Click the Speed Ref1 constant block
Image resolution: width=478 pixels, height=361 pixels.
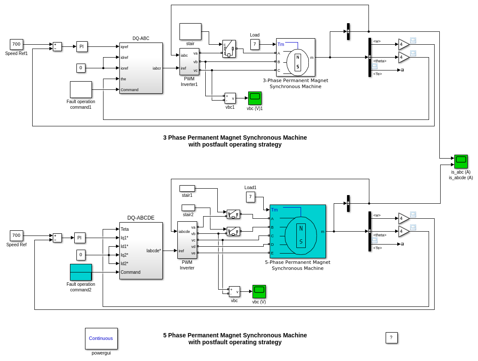pyautogui.click(x=16, y=44)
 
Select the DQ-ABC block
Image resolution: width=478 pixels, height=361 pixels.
pyautogui.click(x=141, y=68)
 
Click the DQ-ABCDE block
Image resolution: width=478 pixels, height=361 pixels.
pyautogui.click(x=141, y=251)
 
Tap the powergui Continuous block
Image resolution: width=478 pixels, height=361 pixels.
pyautogui.click(x=101, y=338)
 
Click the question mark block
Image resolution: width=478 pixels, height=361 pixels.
pyautogui.click(x=391, y=338)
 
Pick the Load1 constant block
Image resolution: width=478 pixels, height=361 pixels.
pyautogui.click(x=250, y=197)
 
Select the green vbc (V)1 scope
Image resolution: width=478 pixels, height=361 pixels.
pyautogui.click(x=255, y=98)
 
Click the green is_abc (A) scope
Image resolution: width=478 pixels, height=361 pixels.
pyautogui.click(x=461, y=161)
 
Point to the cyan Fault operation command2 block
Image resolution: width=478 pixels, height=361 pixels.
pyautogui.click(x=81, y=272)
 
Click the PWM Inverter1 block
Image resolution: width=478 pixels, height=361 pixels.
pyautogui.click(x=189, y=61)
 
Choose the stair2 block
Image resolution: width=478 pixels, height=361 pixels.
pyautogui.click(x=188, y=208)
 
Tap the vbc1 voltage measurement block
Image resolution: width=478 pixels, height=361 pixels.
pyautogui.click(x=230, y=98)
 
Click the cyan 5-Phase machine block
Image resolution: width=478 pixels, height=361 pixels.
pyautogui.click(x=298, y=231)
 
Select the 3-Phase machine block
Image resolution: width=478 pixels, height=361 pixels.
pyautogui.click(x=295, y=57)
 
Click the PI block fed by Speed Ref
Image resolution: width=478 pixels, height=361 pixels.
pyautogui.click(x=79, y=238)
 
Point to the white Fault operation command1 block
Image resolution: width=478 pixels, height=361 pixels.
pyautogui.click(x=81, y=89)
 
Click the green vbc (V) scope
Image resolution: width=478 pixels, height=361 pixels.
pyautogui.click(x=259, y=291)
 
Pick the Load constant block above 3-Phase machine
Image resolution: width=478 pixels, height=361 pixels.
pyautogui.click(x=255, y=44)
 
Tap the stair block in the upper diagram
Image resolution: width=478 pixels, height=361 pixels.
pyautogui.click(x=190, y=31)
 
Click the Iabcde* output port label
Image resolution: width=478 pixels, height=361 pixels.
pyautogui.click(x=154, y=251)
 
